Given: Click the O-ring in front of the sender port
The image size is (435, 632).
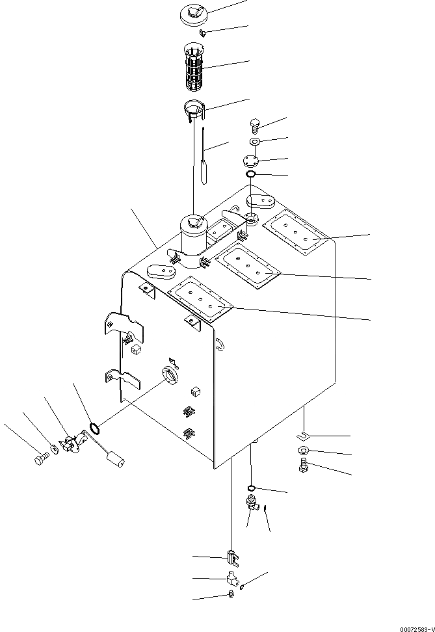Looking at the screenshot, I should click(x=94, y=428).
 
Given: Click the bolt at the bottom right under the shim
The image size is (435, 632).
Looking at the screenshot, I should click(x=304, y=465).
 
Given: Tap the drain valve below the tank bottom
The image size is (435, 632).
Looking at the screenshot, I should click(x=251, y=503).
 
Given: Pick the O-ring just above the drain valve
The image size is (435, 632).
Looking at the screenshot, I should click(x=251, y=488).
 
